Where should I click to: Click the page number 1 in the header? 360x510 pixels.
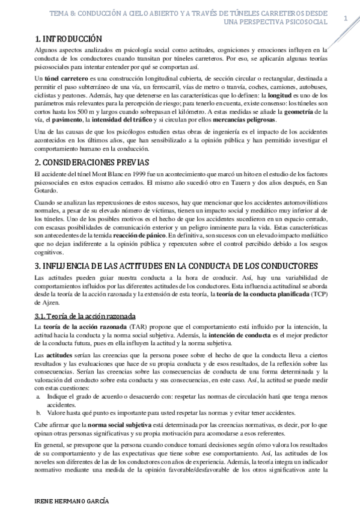point(346,18)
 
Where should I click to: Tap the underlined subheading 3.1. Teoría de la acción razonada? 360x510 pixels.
point(85,316)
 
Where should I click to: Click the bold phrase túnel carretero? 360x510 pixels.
point(65,78)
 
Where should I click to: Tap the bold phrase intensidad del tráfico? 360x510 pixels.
point(130,120)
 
